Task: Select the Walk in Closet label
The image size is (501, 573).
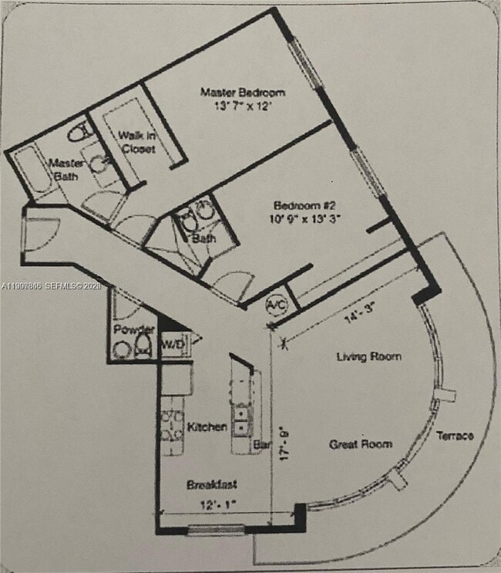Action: point(136,141)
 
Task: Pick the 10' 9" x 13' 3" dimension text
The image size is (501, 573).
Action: point(306,218)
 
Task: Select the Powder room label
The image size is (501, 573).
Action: point(133,330)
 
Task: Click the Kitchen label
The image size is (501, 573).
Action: point(207,426)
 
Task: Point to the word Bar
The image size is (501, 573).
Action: point(261,445)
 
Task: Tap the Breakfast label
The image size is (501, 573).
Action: point(211,484)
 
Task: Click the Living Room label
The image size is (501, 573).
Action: point(368,356)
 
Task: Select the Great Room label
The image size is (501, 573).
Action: point(360,444)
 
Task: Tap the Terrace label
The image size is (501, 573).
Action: point(455,436)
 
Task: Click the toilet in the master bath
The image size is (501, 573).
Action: point(78,132)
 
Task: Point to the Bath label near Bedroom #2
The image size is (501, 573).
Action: point(203,239)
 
